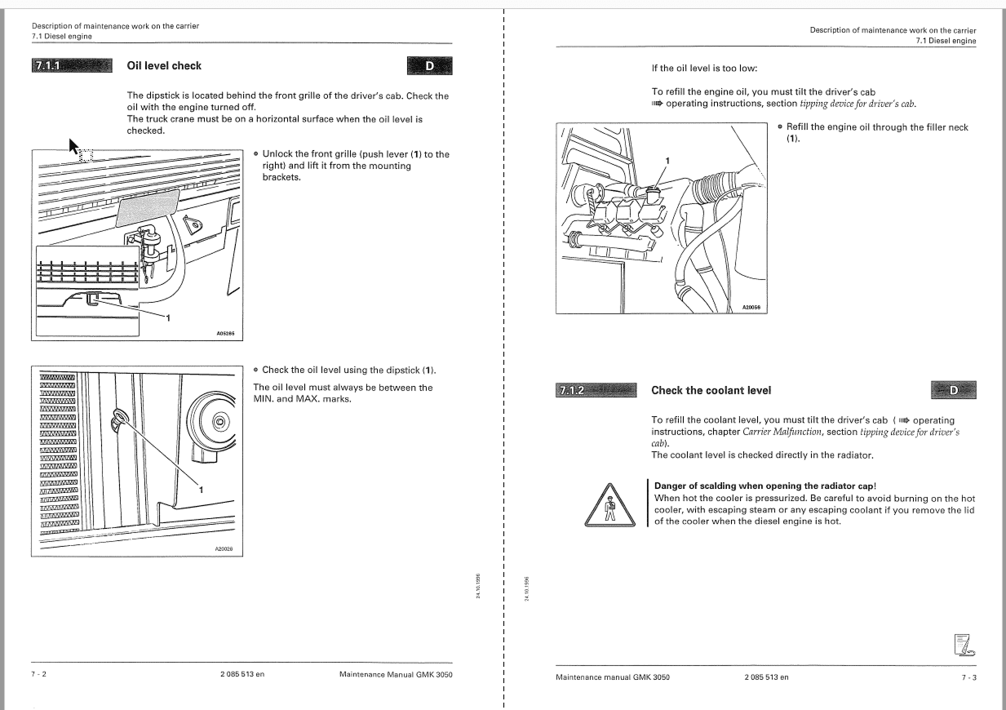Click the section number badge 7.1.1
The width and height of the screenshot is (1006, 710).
[72, 65]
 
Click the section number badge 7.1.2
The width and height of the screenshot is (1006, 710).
[596, 390]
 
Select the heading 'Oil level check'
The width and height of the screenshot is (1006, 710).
[164, 65]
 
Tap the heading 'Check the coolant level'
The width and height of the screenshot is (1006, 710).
[711, 390]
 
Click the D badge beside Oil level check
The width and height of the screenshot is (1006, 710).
[430, 66]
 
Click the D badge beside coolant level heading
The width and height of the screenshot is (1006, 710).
[954, 390]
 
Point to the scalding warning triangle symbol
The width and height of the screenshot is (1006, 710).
[610, 506]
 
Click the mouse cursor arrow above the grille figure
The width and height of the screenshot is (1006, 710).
[73, 146]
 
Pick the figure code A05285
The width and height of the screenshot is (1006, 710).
[225, 333]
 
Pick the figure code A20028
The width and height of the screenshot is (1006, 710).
[224, 548]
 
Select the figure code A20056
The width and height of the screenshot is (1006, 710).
[751, 307]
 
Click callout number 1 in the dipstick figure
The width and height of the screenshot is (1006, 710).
[201, 490]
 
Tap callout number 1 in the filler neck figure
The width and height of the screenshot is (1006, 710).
[667, 160]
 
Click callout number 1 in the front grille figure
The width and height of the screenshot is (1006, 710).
[168, 318]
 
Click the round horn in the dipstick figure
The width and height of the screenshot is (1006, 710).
[211, 422]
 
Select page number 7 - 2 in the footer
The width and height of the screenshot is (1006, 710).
[38, 673]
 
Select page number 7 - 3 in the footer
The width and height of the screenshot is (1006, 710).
[969, 677]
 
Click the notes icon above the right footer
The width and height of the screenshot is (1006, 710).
[964, 646]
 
